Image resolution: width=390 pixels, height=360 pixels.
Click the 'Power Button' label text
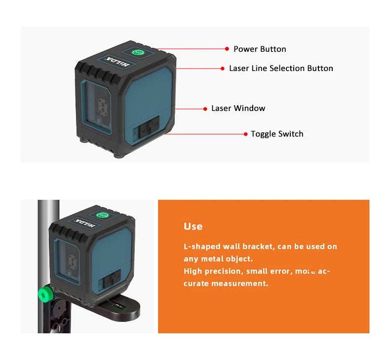coord(260,49)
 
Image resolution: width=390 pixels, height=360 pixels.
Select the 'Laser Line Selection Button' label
coord(281,69)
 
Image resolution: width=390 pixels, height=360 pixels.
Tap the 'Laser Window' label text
coord(238,108)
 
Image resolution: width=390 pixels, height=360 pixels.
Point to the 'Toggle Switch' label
coord(276,134)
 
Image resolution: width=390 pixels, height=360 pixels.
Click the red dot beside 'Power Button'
coord(227,49)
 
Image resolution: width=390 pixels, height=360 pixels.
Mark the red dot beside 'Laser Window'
coord(205,108)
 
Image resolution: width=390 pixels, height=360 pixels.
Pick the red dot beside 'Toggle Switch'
coord(245,134)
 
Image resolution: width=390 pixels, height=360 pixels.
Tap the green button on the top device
coord(139,52)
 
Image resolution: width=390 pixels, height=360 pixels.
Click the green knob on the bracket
coord(45,294)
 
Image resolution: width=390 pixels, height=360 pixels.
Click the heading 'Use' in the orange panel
coord(193,226)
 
